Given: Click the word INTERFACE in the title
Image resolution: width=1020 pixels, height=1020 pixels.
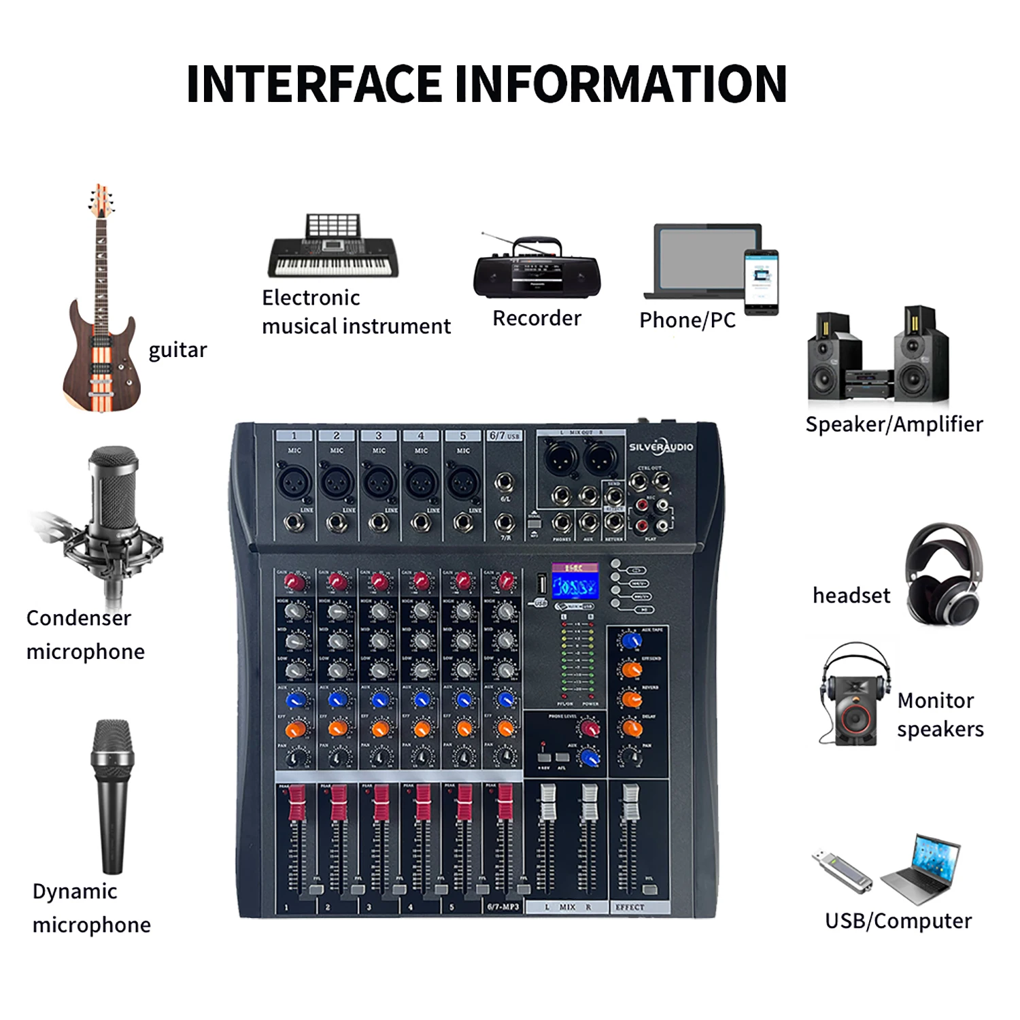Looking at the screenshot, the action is tap(314, 84).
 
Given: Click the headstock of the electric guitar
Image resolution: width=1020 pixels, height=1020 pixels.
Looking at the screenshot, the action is tap(101, 201).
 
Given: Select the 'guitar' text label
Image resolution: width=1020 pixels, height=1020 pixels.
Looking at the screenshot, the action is tap(177, 350).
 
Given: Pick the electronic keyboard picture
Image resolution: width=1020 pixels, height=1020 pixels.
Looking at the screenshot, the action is tap(333, 248).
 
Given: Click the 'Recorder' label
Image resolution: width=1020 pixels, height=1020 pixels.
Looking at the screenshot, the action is tap(537, 318).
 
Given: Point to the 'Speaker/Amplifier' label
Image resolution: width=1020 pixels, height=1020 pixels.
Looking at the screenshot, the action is tap(894, 424).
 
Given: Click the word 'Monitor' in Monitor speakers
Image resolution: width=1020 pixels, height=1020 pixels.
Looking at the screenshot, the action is tap(936, 700).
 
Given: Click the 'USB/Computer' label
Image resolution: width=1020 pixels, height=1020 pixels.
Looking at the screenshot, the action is tap(898, 921).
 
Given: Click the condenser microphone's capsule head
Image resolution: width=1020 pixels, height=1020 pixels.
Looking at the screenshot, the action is tap(114, 486).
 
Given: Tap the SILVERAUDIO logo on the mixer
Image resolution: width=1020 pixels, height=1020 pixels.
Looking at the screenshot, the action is tap(660, 447).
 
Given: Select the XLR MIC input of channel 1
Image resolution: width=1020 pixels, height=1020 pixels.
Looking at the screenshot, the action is tap(294, 482).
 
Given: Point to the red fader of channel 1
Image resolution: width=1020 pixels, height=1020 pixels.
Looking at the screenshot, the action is tap(297, 803).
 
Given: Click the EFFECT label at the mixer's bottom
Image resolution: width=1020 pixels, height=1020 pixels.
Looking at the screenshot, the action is tap(630, 907).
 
